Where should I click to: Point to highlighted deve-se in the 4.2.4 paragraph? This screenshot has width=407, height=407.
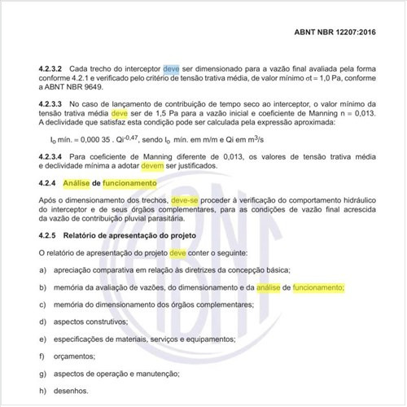(187, 199)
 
